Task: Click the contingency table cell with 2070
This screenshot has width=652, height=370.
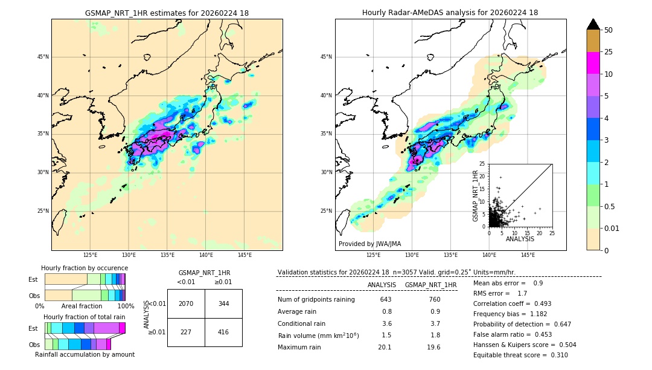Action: tap(186, 303)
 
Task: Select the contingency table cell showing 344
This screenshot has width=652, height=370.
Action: tap(223, 303)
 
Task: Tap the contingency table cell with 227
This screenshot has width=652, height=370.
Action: tap(186, 332)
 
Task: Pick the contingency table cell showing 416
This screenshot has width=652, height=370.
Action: tap(223, 332)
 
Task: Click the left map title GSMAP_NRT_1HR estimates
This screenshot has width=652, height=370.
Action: tap(167, 13)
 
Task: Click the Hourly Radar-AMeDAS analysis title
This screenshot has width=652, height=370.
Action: tap(450, 13)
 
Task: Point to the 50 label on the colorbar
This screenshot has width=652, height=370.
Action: tap(609, 30)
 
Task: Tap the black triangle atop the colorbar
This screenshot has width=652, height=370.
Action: tap(593, 24)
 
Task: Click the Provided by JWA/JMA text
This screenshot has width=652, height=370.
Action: tap(369, 244)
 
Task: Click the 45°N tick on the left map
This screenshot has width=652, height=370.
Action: tap(43, 57)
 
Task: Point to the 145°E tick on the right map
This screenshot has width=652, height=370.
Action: tap(528, 255)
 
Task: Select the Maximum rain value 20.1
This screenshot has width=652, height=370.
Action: tap(385, 347)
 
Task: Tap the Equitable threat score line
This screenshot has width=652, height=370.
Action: tap(520, 355)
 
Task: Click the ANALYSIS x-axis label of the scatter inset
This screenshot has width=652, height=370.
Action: tap(520, 239)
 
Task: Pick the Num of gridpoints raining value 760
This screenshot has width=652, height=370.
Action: tap(434, 299)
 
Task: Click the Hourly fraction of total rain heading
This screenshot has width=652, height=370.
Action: tap(85, 317)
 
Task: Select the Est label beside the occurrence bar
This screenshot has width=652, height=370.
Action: tap(33, 279)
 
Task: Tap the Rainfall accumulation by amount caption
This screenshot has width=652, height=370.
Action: tap(85, 355)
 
